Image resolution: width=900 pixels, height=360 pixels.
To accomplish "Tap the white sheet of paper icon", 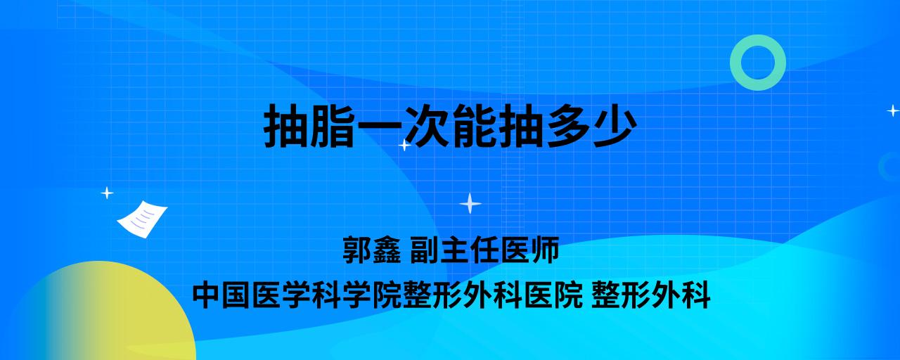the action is pos(142,219).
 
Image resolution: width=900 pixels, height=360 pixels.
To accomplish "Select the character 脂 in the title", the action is pos(333,126).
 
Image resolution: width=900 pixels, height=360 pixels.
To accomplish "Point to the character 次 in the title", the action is pos(426,126).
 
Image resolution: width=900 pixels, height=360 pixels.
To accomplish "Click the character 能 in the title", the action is pos(473,126).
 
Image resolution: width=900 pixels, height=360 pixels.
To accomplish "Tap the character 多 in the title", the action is pos(567,126).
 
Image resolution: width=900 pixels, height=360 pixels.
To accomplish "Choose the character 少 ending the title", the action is pos(614,126).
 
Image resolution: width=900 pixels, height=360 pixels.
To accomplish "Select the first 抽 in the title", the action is pos(286,126).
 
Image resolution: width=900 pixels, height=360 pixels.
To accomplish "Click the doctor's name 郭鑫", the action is pos(372,250).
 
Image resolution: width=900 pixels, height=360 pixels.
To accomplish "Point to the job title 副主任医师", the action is pos(484,250).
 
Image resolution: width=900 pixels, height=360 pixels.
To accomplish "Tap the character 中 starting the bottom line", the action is pos(207,295).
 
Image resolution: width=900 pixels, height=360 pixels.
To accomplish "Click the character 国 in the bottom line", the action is pos(237,295).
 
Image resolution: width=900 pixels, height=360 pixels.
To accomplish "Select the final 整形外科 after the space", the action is pos(651,295).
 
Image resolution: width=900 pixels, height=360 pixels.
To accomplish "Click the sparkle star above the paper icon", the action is pos(107,193).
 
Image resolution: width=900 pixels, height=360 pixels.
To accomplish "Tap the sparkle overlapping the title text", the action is pos(404,145).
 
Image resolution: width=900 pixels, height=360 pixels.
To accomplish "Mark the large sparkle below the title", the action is pos(470,203).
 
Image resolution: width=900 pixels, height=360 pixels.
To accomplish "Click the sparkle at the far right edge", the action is pos(893,110).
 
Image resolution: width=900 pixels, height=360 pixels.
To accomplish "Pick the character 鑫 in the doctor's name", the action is pos(387,250).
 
